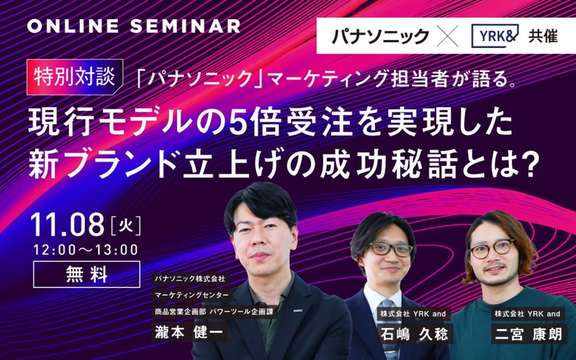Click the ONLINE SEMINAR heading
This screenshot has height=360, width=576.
point(134,26)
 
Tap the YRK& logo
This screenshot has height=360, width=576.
point(494,36)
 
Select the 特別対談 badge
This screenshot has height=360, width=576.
point(75,77)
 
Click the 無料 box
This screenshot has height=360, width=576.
point(86,274)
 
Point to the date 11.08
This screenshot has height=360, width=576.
point(68,225)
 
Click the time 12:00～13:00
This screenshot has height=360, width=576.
point(86,250)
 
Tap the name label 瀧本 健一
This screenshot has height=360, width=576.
point(189,332)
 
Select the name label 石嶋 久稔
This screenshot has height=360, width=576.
point(414,335)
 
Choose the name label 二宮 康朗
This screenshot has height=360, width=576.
point(529,335)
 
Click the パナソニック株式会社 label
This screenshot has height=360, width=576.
point(190,279)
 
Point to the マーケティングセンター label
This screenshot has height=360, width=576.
point(192,295)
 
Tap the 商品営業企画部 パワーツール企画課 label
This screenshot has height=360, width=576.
point(215,312)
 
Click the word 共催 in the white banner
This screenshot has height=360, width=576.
point(543,36)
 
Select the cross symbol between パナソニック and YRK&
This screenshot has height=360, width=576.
point(447,36)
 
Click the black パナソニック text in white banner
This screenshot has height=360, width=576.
point(381,36)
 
